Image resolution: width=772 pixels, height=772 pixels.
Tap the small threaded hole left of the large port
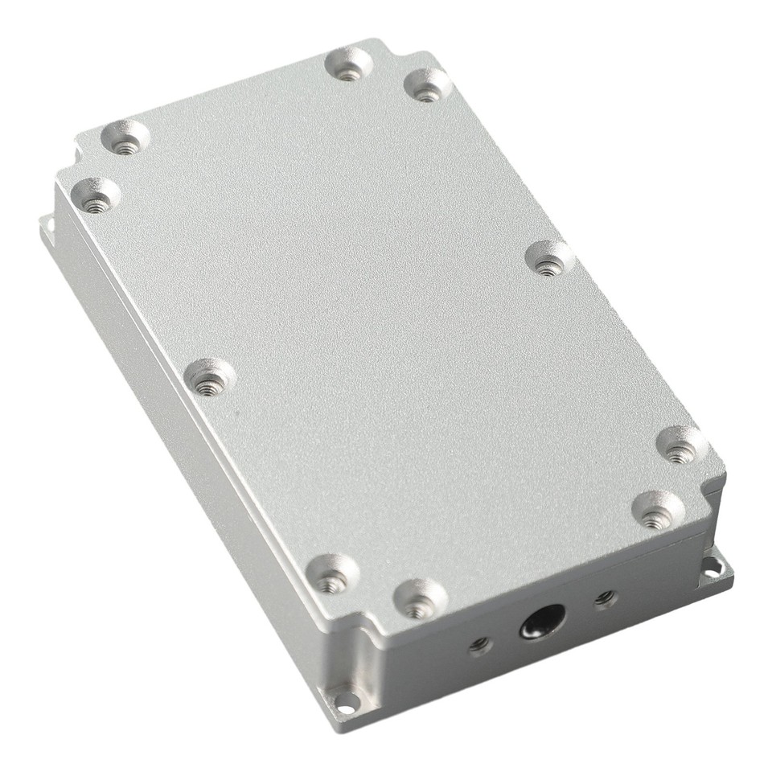tap(481, 643)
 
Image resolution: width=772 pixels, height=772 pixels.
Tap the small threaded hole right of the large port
tap(604, 598)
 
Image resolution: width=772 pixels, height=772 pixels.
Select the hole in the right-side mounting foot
tap(712, 566)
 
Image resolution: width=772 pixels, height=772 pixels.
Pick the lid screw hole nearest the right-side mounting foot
tap(657, 511)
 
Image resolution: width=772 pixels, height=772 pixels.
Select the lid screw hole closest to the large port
tap(419, 599)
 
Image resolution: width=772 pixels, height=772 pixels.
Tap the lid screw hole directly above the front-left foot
tap(332, 574)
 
